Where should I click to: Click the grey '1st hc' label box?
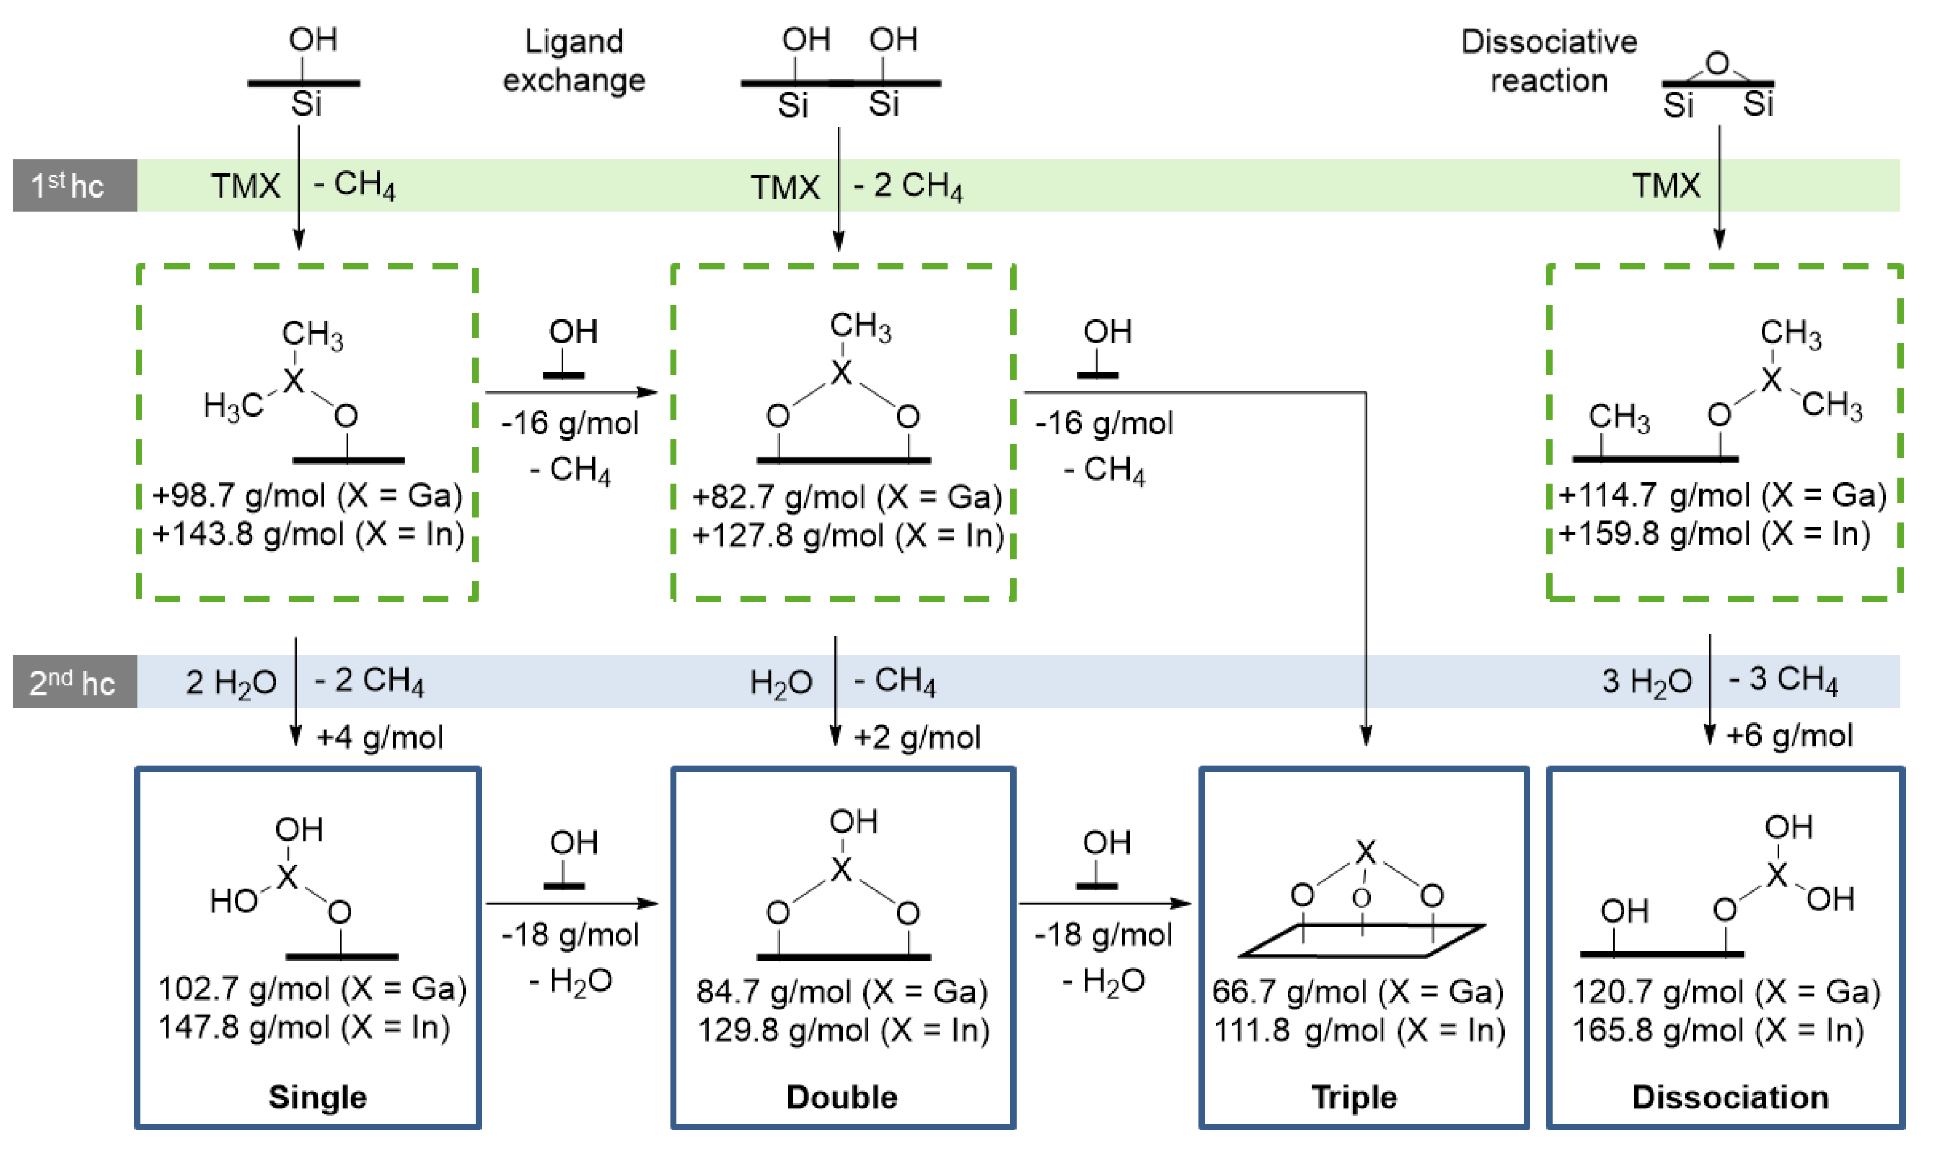point(74,185)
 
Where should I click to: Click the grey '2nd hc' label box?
point(74,682)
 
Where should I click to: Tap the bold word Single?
point(318,1097)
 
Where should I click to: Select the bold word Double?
point(842,1097)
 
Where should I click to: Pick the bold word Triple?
point(1353,1097)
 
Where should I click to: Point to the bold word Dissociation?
point(1730,1097)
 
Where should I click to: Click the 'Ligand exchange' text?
point(574,61)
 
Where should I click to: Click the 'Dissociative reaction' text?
point(1549,61)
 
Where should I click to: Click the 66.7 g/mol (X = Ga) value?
point(1358,991)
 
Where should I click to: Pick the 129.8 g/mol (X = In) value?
point(843,1031)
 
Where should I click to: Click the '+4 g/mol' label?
point(379,737)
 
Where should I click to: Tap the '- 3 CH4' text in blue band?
point(1782,680)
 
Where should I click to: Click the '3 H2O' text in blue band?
point(1646,682)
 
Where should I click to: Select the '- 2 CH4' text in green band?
point(908,186)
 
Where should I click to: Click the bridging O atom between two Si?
point(1717,63)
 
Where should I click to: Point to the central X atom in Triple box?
point(1365,852)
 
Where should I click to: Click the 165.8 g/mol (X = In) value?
point(1718,1031)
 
